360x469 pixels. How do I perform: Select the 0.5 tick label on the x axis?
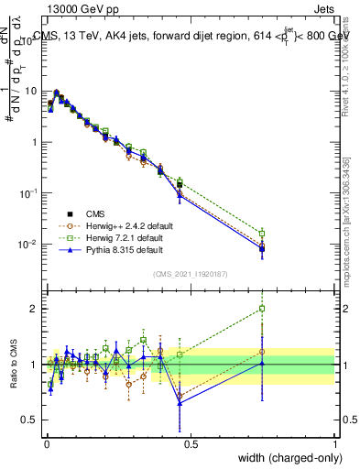coord(190,443)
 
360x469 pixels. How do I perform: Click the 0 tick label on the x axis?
coord(46,443)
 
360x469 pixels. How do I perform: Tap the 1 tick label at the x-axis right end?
coord(334,443)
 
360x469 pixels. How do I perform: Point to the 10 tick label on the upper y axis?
coord(30,92)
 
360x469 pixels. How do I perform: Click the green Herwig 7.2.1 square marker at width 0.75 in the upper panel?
coord(262,234)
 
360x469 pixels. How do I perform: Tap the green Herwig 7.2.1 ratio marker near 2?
coord(262,309)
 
